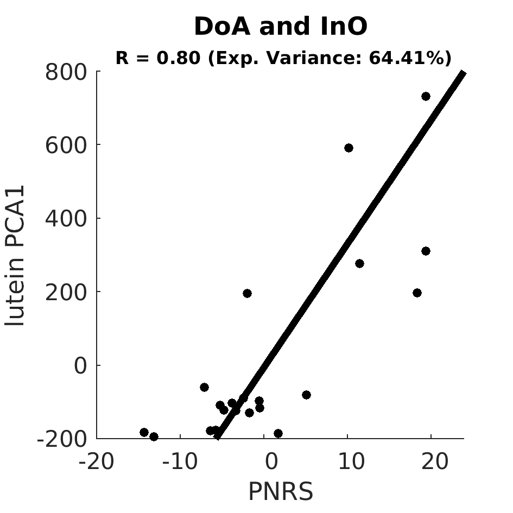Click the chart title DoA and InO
coord(281,26)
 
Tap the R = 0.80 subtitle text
coord(283,58)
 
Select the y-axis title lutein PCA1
coord(15,256)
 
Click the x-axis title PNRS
coord(281,491)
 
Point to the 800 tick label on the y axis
coord(66,72)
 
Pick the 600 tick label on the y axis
coord(66,145)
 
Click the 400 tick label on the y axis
coord(66,219)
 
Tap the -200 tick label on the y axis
coord(62,439)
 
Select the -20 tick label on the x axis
coord(97,461)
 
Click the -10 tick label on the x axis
coord(180,461)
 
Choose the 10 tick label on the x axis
coord(352,461)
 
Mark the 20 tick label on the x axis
coord(435,461)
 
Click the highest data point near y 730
coord(426,96)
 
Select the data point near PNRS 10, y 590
coord(349,148)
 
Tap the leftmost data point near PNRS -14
coord(144,432)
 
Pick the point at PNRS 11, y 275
coord(359,263)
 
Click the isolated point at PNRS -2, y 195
coord(248,294)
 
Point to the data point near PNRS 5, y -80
coord(307,395)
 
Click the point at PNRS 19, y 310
coord(426,251)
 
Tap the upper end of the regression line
coord(463,72)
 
